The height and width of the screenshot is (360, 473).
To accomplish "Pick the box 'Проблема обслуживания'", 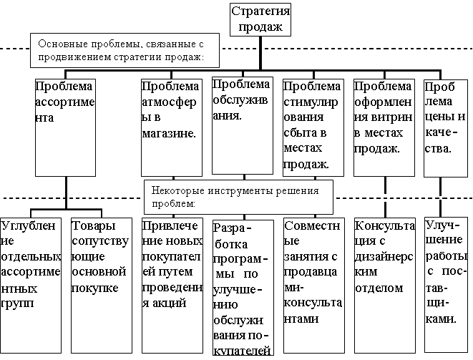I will pos(243,125).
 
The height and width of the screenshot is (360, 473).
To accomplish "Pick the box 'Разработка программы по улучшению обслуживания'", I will pos(243,286).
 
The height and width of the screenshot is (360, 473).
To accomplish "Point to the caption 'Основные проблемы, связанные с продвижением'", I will pos(118,48).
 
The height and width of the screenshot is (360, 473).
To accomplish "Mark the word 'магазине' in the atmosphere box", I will pos(169,133).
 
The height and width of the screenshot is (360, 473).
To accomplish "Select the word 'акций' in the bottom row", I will pos(170,303).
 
